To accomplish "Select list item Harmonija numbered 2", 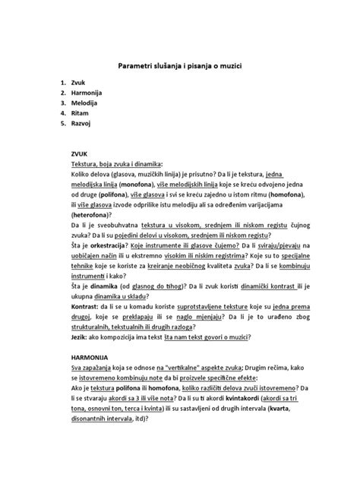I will point(90,94).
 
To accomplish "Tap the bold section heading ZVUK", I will point(79,153).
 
